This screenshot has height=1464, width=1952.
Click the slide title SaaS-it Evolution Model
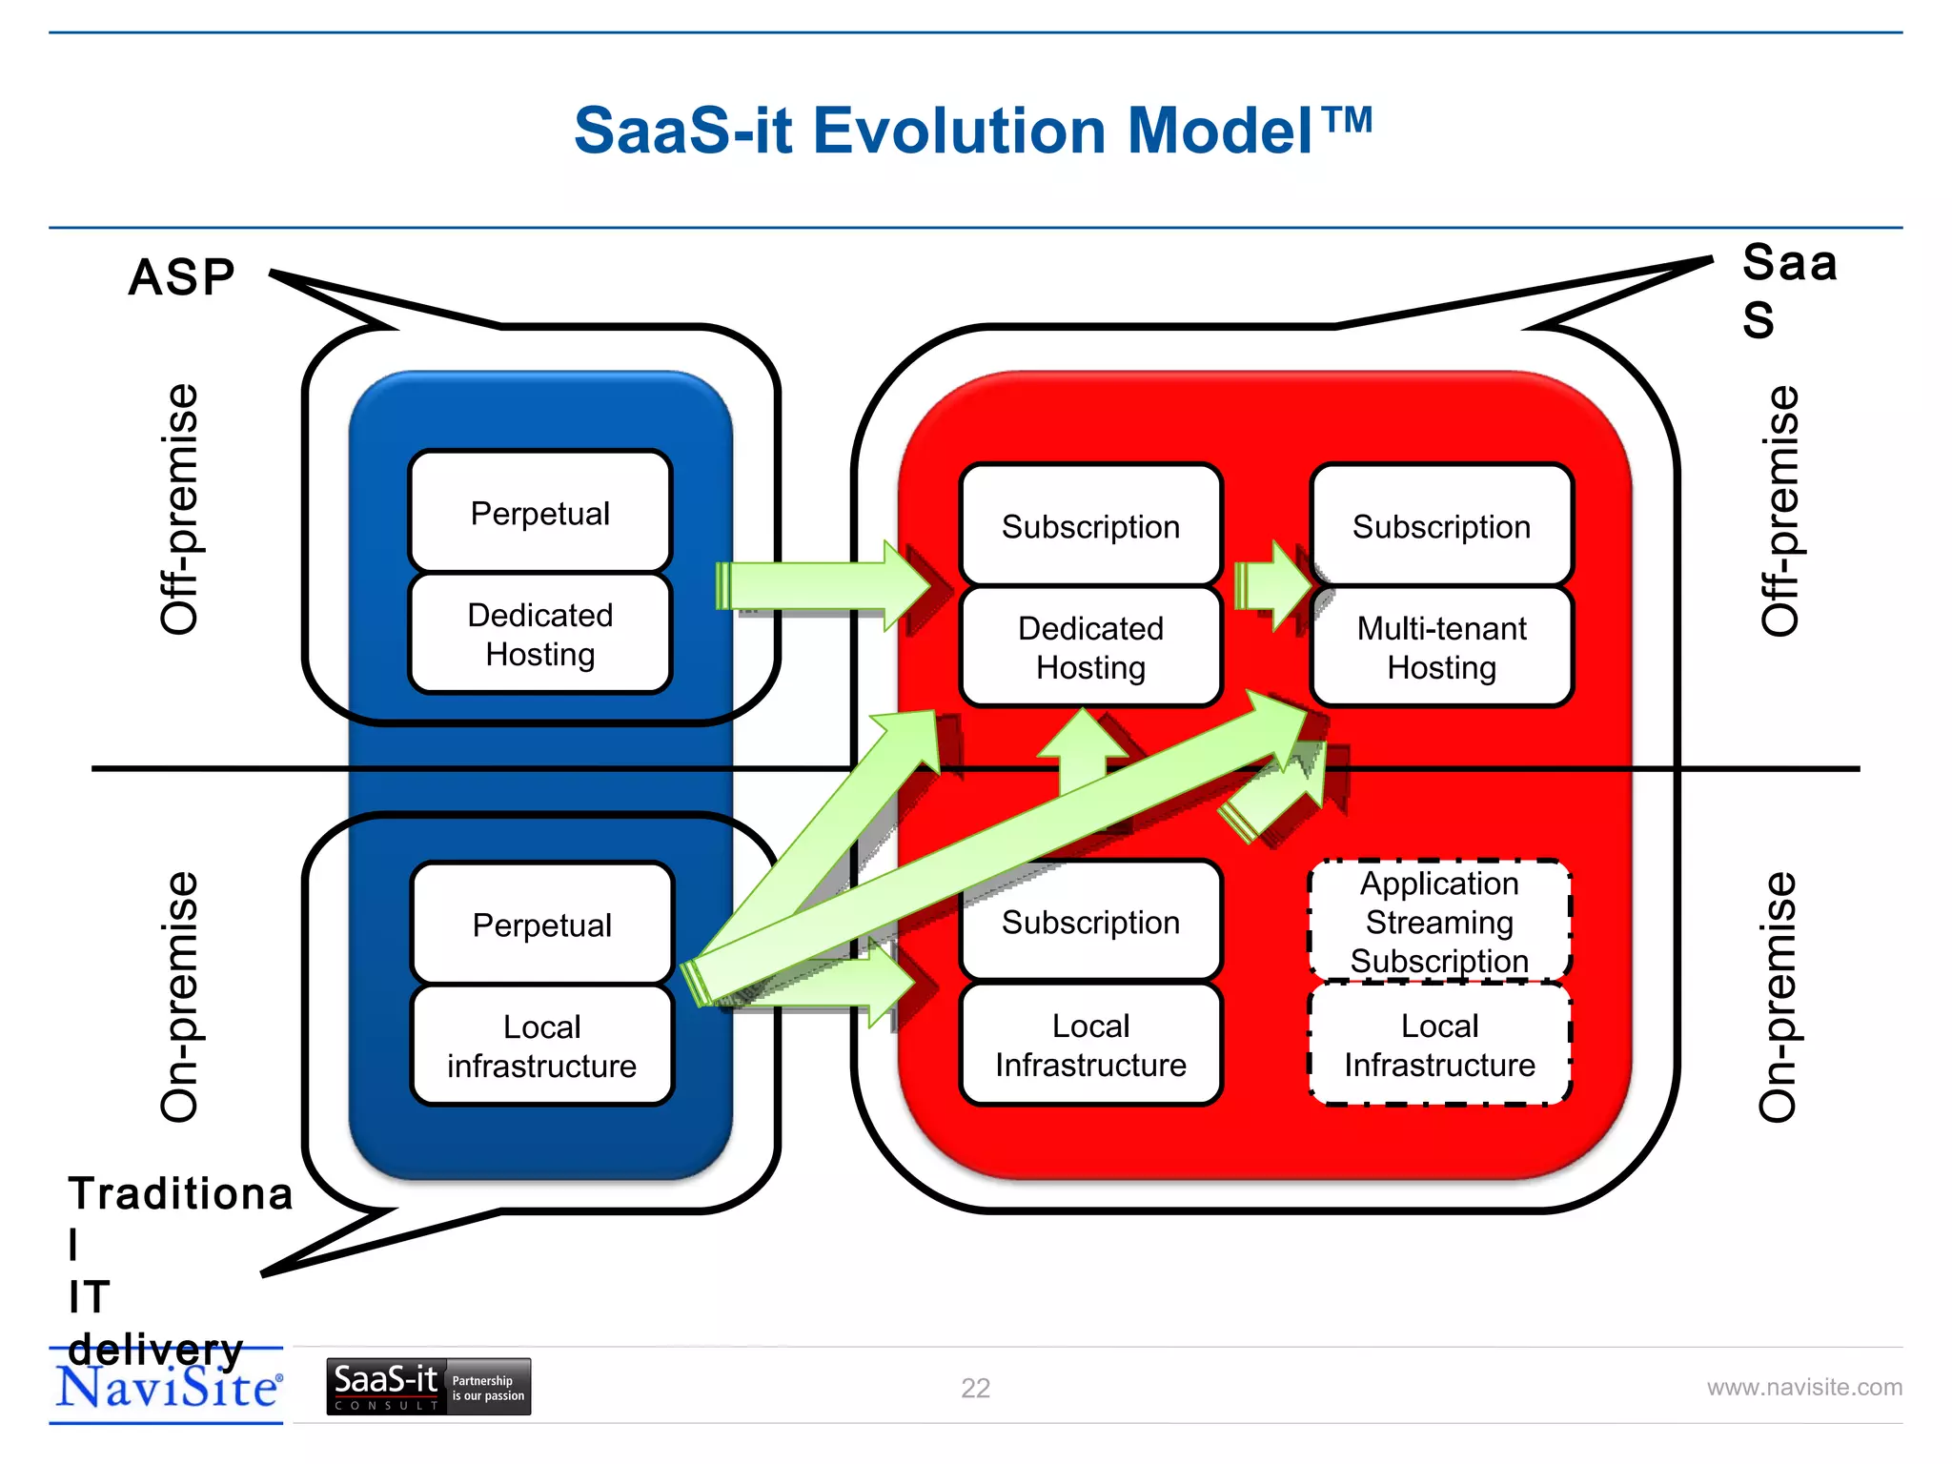pyautogui.click(x=972, y=131)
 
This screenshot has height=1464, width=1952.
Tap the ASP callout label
pyautogui.click(x=181, y=278)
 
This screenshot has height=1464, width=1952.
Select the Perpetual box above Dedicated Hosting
pyautogui.click(x=539, y=512)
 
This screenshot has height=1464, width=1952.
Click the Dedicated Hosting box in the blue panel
pyautogui.click(x=539, y=634)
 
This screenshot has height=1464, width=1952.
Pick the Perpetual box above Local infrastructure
pyautogui.click(x=541, y=924)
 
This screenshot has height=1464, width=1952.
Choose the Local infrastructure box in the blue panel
pyautogui.click(x=541, y=1046)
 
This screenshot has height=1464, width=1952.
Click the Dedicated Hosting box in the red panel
pyautogui.click(x=1090, y=647)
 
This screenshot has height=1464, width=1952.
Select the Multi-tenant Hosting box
pyautogui.click(x=1441, y=647)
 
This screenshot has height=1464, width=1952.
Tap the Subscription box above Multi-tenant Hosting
pyautogui.click(x=1441, y=526)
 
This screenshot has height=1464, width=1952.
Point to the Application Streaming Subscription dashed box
pyautogui.click(x=1439, y=921)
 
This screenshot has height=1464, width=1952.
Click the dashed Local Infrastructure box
pyautogui.click(x=1439, y=1045)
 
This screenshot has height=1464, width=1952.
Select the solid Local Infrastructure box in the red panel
pyautogui.click(x=1090, y=1045)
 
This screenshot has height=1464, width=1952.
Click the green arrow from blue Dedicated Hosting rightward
pyautogui.click(x=820, y=585)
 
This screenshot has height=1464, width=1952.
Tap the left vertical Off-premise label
pyautogui.click(x=179, y=509)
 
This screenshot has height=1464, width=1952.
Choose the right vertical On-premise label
pyautogui.click(x=1777, y=995)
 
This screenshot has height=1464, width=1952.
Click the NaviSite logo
pyautogui.click(x=168, y=1387)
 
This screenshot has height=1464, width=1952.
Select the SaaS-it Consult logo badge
pyautogui.click(x=428, y=1386)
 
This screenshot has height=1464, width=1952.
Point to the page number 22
pyautogui.click(x=975, y=1388)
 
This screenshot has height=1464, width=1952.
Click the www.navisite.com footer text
pyautogui.click(x=1803, y=1387)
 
